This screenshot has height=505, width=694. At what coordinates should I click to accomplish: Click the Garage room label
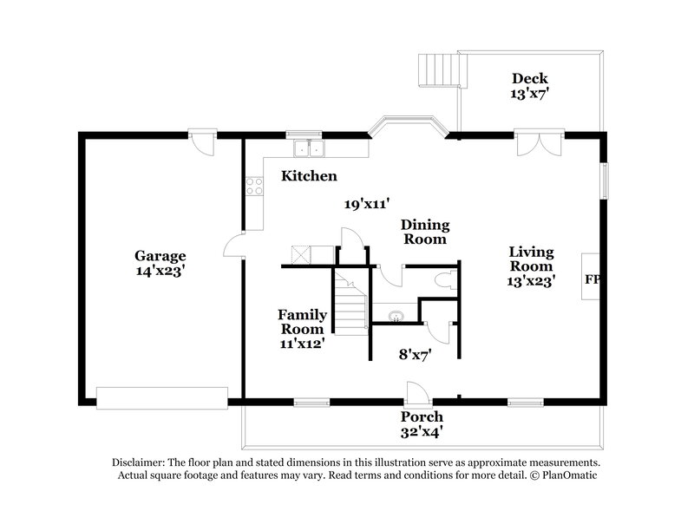click(160, 256)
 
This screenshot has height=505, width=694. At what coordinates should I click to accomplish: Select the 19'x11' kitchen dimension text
click(365, 204)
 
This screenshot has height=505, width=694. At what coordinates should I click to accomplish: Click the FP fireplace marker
click(593, 280)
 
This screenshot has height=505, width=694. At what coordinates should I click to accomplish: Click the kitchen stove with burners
click(255, 185)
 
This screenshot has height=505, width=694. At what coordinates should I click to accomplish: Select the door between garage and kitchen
click(232, 246)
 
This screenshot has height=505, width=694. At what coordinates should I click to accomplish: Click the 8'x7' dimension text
click(414, 353)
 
